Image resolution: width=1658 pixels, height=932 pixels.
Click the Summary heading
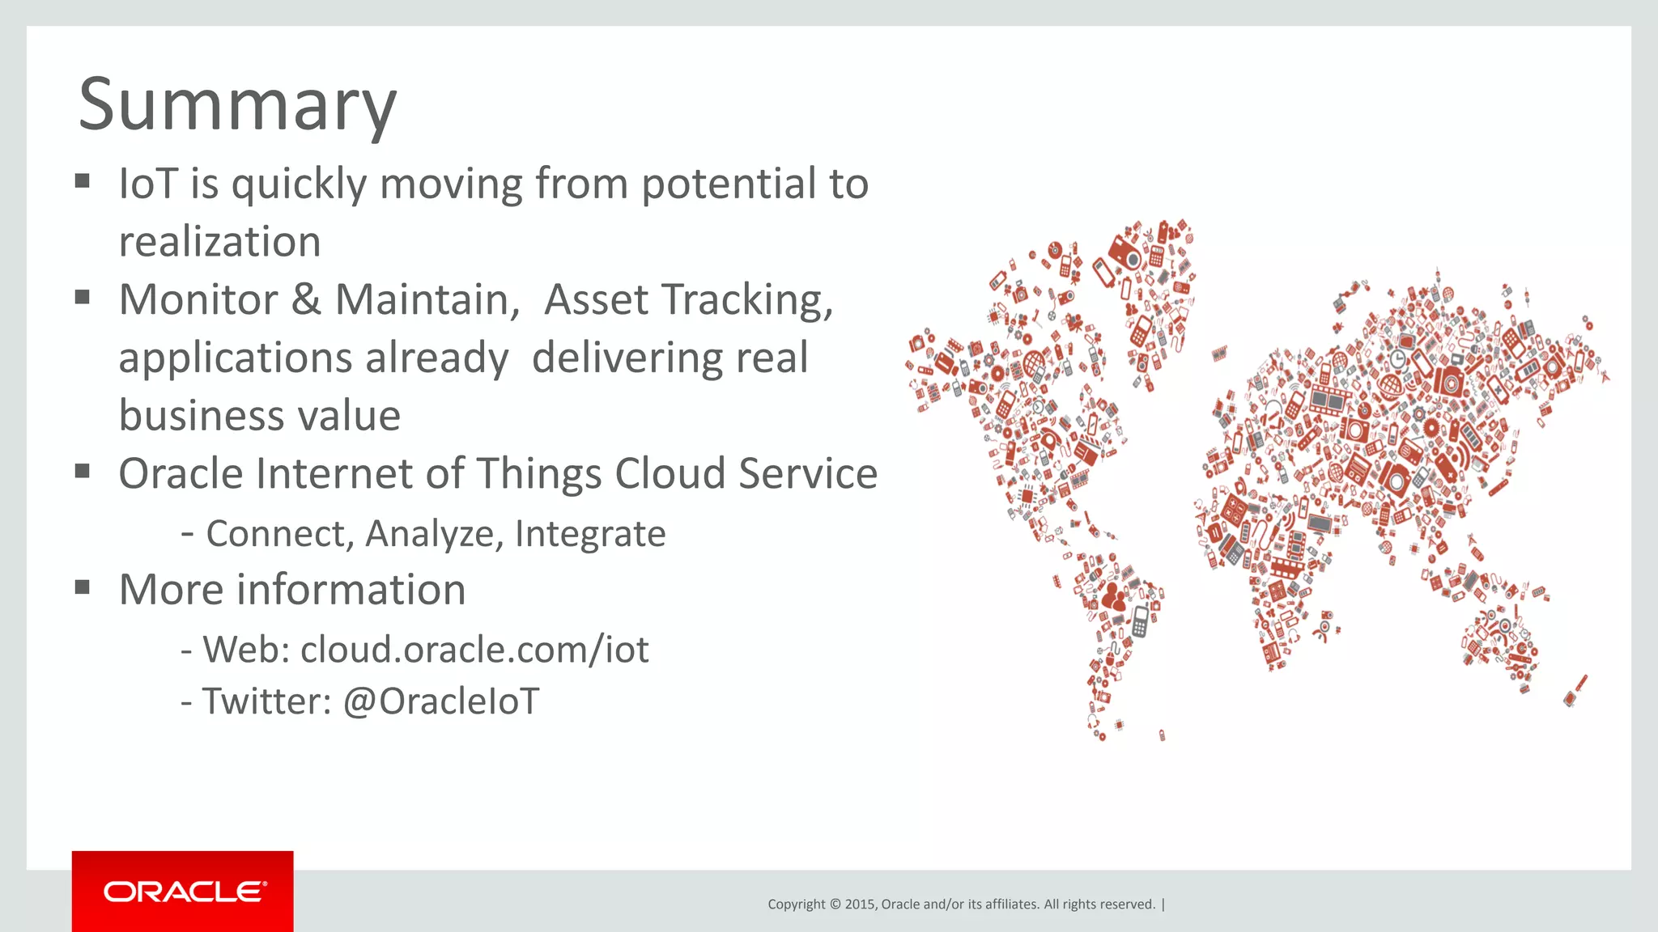pyautogui.click(x=237, y=105)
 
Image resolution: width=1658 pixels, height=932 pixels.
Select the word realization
pyautogui.click(x=219, y=243)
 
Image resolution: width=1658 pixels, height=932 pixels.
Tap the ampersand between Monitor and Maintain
pyautogui.click(x=306, y=300)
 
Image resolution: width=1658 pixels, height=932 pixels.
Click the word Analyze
pyautogui.click(x=434, y=534)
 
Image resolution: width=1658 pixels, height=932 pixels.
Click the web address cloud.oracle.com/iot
pyautogui.click(x=474, y=650)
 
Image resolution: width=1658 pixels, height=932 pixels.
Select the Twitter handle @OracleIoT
pyautogui.click(x=441, y=701)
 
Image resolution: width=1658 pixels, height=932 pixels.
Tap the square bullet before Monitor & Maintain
pyautogui.click(x=82, y=297)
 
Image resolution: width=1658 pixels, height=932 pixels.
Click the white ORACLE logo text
pyautogui.click(x=185, y=892)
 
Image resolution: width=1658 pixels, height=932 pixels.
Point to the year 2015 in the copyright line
pyautogui.click(x=860, y=904)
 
